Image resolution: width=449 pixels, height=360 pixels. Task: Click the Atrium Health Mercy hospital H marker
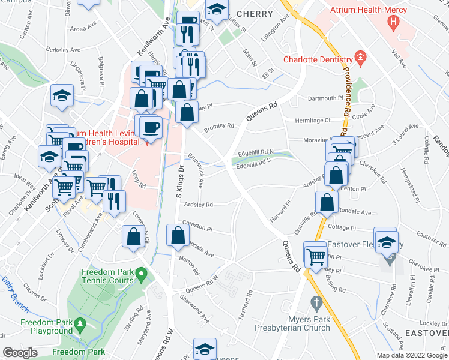pos(394,23)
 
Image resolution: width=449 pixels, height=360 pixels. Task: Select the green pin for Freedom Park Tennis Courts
pos(141,275)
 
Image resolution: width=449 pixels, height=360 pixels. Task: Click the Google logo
pos(20,353)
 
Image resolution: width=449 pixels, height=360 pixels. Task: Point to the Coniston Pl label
pos(198,228)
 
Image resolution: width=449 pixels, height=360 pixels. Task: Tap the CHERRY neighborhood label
pos(255,13)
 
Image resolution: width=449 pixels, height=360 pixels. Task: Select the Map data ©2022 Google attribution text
pos(411,355)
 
